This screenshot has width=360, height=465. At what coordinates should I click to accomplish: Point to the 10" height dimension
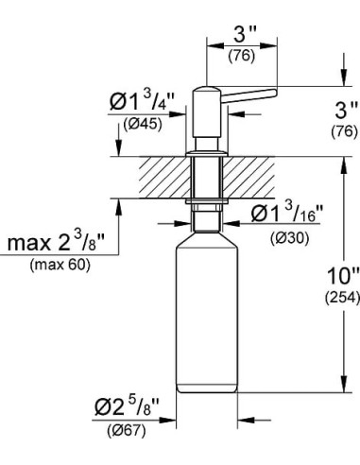click(x=342, y=281)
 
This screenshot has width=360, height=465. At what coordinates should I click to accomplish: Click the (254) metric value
click(x=343, y=302)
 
